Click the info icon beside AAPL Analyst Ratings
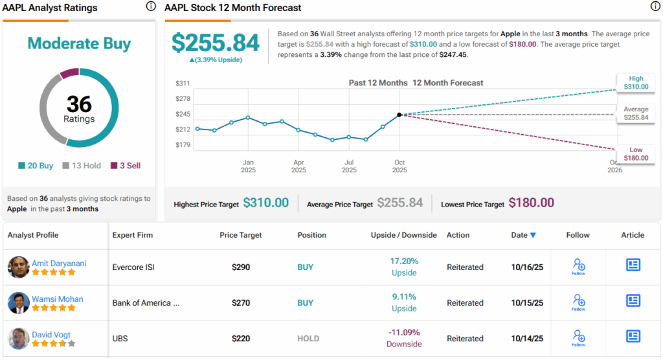[151, 6]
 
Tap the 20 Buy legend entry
[37, 166]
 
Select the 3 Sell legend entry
[126, 166]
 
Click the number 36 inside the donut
[79, 104]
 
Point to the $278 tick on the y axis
[183, 98]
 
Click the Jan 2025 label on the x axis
[248, 166]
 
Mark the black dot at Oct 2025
[399, 115]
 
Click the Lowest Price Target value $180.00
[531, 203]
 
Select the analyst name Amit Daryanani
[59, 264]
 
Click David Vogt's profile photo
[18, 339]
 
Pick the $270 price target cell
[242, 302]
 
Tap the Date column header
[523, 235]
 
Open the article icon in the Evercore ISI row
[633, 265]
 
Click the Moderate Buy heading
[79, 44]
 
